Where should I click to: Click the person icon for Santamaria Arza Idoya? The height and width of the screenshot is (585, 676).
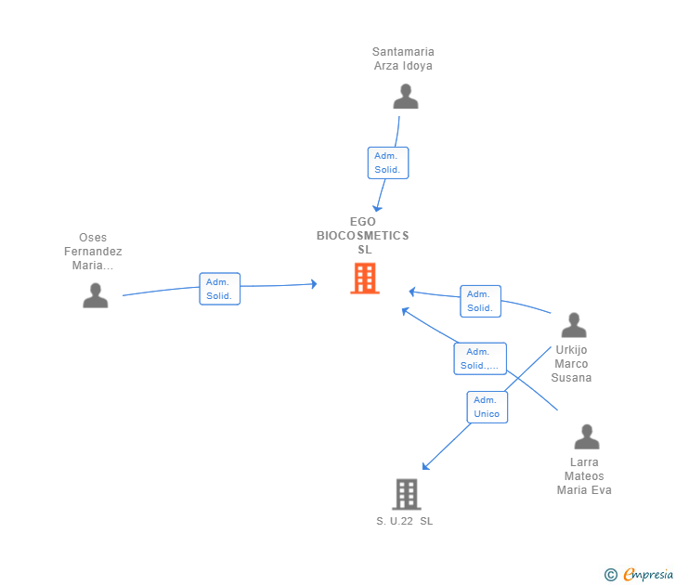(x=406, y=97)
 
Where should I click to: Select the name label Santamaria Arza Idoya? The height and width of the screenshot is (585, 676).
(x=403, y=58)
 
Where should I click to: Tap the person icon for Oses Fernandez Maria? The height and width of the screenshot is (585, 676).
(x=95, y=295)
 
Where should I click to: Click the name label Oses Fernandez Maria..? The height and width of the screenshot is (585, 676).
(x=93, y=252)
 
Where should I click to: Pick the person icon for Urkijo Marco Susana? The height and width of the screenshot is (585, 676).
(x=574, y=325)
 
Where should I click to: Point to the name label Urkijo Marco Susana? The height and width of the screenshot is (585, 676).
(x=572, y=364)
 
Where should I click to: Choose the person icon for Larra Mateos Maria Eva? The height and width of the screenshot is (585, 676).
(x=587, y=436)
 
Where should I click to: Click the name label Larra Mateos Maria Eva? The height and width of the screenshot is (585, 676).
(x=584, y=475)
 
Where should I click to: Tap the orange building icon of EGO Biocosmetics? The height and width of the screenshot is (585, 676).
(x=365, y=279)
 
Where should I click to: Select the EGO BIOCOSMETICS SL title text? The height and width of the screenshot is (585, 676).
(x=363, y=236)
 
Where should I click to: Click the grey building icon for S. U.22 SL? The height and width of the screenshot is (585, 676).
(x=407, y=494)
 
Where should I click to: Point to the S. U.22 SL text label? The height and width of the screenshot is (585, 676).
(x=405, y=521)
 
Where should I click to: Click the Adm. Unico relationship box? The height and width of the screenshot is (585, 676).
(x=487, y=407)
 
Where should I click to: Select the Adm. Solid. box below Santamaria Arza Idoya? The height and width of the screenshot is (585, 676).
(x=387, y=162)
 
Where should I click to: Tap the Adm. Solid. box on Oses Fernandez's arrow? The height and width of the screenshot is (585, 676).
(x=219, y=289)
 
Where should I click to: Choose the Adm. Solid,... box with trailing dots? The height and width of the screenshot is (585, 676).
(x=480, y=358)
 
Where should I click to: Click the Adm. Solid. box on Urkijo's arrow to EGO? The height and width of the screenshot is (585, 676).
(x=480, y=301)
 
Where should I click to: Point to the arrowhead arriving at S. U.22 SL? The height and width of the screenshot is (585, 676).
(x=425, y=467)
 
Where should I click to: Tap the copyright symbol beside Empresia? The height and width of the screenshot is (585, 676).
(x=610, y=576)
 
